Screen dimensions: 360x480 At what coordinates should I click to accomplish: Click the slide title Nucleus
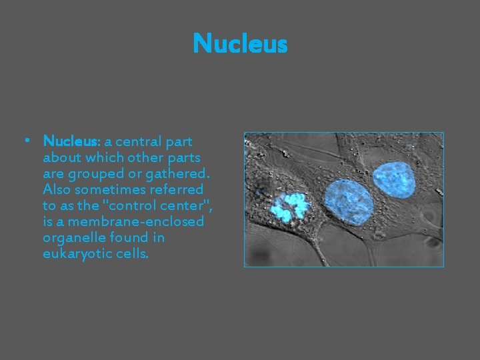pyautogui.click(x=240, y=45)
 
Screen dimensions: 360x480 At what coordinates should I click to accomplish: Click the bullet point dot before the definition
pyautogui.click(x=25, y=141)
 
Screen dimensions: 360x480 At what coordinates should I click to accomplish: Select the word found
pyautogui.click(x=121, y=237)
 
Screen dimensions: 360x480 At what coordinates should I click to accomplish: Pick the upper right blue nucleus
pyautogui.click(x=394, y=179)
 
